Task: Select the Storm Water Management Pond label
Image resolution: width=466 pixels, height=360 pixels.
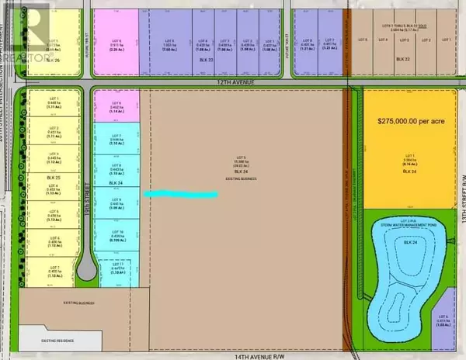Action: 409,227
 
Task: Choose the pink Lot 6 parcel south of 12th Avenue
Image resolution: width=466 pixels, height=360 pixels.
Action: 116,107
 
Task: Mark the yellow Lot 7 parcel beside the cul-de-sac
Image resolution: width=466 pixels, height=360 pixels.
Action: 54,270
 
